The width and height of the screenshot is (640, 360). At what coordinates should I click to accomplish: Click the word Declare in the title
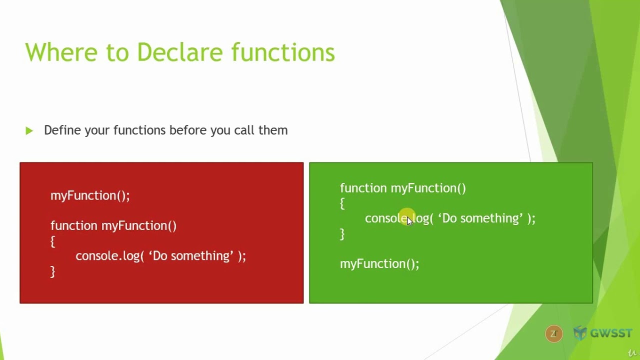(179, 52)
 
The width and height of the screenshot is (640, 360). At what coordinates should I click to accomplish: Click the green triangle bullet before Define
(29, 131)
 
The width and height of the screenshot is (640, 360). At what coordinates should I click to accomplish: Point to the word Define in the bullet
(62, 130)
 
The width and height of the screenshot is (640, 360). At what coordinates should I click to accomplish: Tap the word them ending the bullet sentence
(273, 130)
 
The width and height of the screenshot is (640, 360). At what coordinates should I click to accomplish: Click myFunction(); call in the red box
(90, 195)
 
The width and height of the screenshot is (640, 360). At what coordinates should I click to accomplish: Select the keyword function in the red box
(74, 225)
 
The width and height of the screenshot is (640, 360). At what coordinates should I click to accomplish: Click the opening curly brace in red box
(52, 241)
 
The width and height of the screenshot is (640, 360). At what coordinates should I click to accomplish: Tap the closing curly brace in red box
(52, 271)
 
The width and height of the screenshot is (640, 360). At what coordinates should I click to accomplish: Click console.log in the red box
(107, 256)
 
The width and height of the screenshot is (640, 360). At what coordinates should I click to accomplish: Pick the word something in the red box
(202, 256)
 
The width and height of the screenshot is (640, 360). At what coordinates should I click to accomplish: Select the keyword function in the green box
(363, 188)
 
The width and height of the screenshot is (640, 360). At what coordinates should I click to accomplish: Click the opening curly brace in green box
(342, 203)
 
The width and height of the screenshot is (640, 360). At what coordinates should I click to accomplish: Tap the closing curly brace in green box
(342, 233)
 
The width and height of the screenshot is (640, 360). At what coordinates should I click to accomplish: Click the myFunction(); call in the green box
(379, 263)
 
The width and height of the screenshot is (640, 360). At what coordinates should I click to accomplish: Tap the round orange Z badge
(553, 333)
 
